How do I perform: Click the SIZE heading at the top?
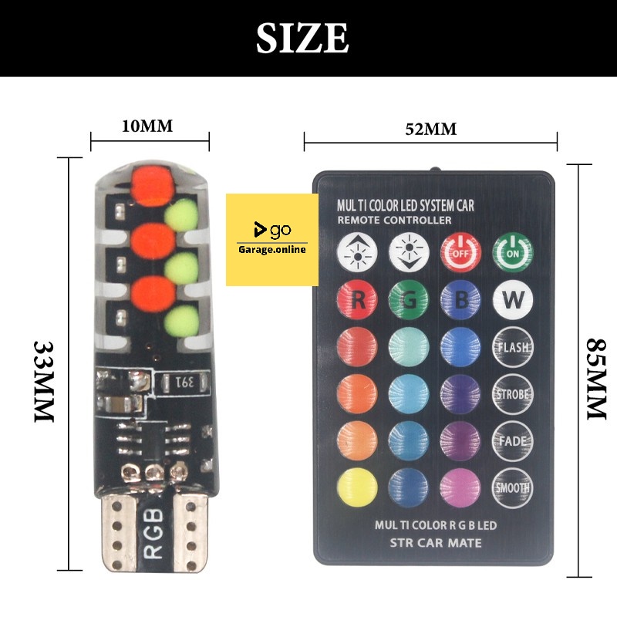tap(302, 38)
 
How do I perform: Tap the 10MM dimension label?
tap(147, 126)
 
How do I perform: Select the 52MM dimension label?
tap(431, 129)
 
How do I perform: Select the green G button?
tap(408, 299)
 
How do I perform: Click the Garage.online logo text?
tap(271, 248)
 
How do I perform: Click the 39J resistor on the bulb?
tap(186, 382)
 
